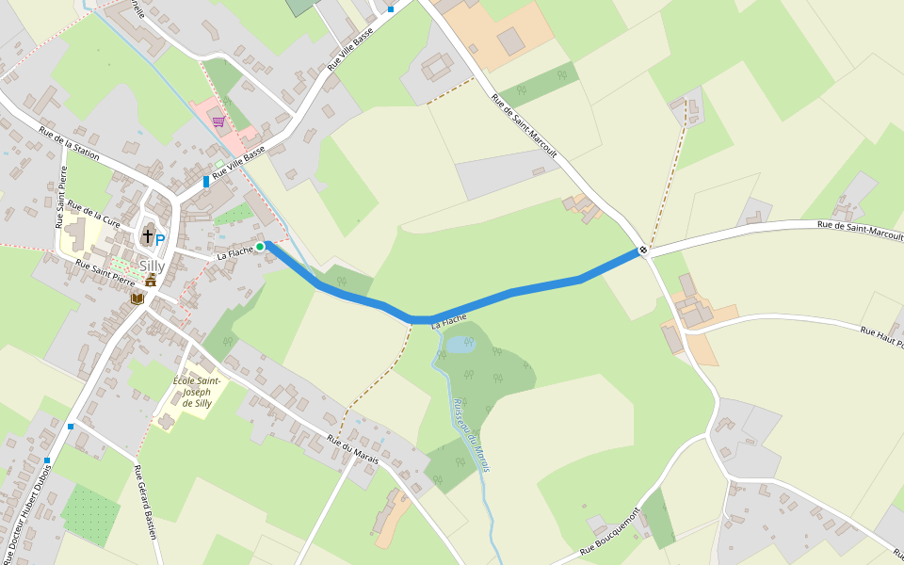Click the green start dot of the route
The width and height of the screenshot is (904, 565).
(260, 247)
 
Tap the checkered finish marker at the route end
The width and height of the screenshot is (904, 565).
(642, 250)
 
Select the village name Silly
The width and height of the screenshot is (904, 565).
(152, 266)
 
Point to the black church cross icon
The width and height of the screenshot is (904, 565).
(148, 235)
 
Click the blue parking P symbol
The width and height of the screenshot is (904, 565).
(160, 240)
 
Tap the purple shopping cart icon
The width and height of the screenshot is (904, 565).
(218, 121)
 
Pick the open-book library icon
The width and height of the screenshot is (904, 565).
(137, 299)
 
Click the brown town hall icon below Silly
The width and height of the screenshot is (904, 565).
(151, 281)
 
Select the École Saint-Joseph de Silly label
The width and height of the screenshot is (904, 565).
(196, 392)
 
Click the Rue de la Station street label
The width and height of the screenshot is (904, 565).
(69, 141)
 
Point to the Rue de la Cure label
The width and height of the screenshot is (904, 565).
(93, 215)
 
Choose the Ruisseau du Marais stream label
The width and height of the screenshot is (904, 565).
(471, 428)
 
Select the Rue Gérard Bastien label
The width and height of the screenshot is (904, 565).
(145, 503)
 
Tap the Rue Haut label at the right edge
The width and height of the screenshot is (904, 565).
(881, 336)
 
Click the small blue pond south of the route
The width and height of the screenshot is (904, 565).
(459, 345)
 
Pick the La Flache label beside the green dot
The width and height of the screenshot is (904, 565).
(235, 253)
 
